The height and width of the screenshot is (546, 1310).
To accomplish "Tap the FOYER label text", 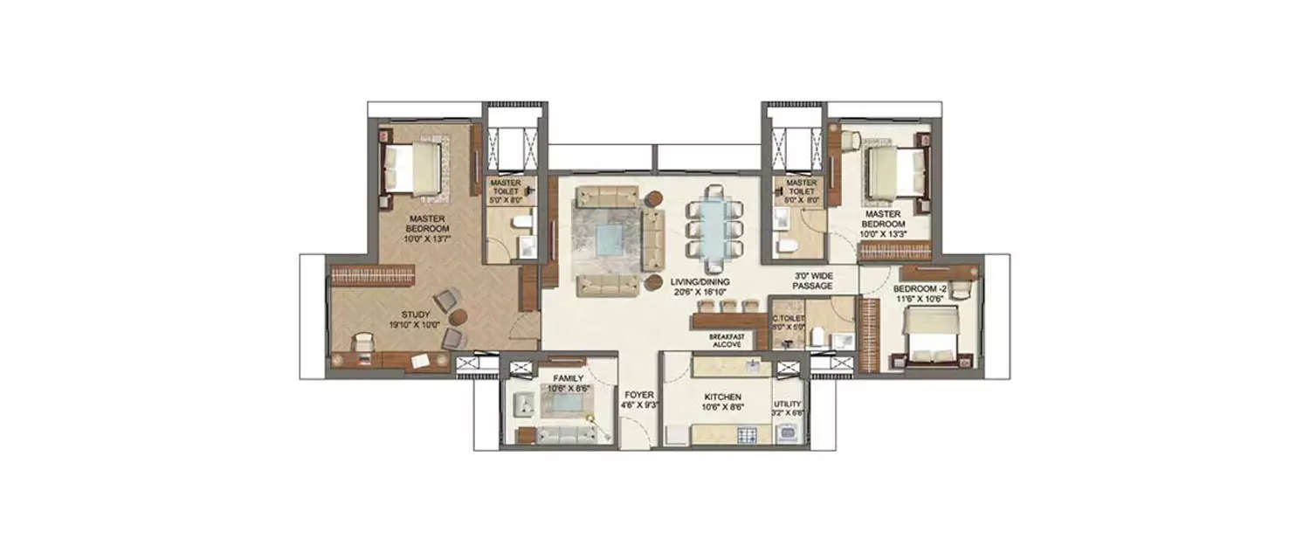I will (x=634, y=395).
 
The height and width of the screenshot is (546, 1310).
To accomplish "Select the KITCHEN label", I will (x=723, y=395).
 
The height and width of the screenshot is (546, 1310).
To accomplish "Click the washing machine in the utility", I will (x=789, y=432).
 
